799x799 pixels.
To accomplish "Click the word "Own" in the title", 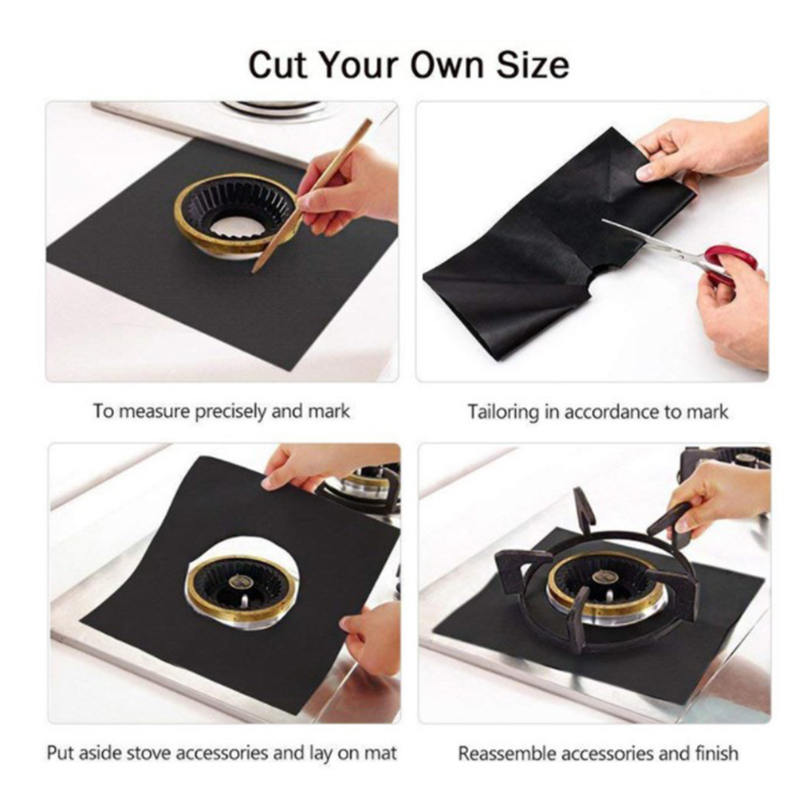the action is click(x=447, y=65).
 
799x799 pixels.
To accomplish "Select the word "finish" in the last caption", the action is click(x=716, y=753).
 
